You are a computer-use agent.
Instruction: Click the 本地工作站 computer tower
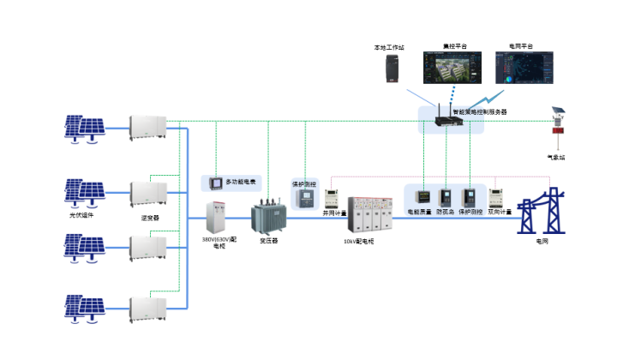(393, 69)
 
